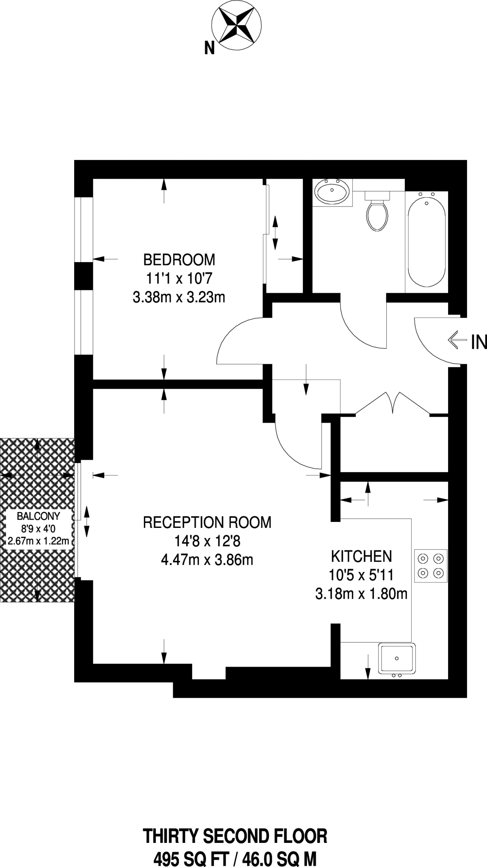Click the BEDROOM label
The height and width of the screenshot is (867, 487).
(179, 259)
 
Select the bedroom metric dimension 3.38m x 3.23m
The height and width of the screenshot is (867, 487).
(179, 298)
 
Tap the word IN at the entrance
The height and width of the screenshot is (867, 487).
(479, 342)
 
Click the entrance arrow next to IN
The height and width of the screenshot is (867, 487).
(457, 340)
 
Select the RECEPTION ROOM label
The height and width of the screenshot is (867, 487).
(207, 522)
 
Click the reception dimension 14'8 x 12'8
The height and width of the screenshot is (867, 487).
(207, 541)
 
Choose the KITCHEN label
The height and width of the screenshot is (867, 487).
(362, 556)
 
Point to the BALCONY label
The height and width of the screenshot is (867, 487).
(38, 516)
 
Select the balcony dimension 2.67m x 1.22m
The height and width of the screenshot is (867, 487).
(38, 541)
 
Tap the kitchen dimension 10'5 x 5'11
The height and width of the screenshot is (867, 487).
(362, 575)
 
